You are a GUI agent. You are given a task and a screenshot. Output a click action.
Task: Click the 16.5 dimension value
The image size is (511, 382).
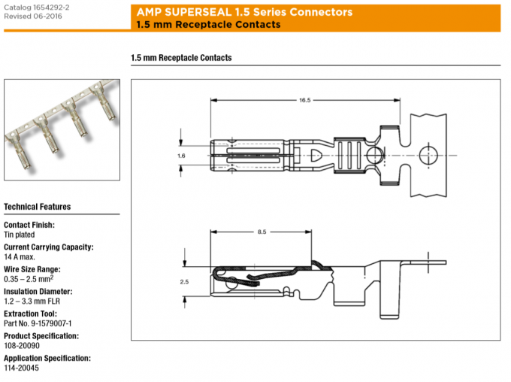click(x=304, y=99)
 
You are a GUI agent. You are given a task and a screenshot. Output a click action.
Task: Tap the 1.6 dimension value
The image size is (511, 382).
click(x=181, y=156)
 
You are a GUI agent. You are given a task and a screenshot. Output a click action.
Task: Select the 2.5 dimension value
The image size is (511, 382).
click(x=185, y=281)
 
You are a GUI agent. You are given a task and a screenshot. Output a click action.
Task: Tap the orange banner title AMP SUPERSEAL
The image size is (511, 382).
click(x=244, y=13)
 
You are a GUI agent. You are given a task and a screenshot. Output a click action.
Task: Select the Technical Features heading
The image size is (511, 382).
click(x=38, y=207)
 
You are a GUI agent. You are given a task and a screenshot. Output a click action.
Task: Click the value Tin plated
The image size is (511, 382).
click(x=21, y=235)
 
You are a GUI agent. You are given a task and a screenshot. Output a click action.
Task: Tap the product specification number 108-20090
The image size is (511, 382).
click(x=23, y=345)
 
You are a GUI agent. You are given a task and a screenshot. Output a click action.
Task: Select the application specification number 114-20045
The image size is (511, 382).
click(x=22, y=368)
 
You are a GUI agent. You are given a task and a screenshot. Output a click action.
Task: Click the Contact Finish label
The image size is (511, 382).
click(x=29, y=225)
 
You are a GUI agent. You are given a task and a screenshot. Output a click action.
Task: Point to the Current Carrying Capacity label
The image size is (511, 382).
click(x=48, y=247)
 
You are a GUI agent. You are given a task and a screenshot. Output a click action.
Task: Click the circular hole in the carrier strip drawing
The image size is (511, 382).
click(x=428, y=156)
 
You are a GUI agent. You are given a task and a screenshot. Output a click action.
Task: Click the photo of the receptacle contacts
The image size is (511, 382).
click(x=61, y=129)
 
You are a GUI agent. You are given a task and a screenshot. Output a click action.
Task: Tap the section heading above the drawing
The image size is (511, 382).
click(x=181, y=58)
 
